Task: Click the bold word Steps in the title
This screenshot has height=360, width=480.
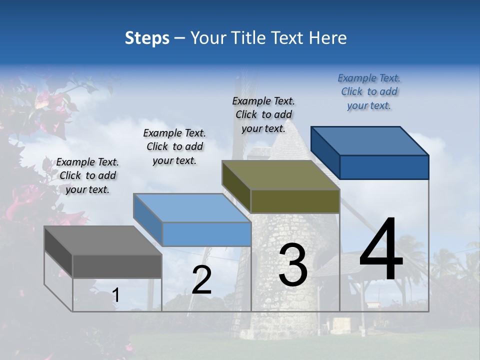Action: click(147, 38)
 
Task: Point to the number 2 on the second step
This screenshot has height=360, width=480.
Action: click(201, 280)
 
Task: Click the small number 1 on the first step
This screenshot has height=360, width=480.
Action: click(116, 295)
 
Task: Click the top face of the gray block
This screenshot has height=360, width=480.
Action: click(102, 240)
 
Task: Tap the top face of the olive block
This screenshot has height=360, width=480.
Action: click(280, 175)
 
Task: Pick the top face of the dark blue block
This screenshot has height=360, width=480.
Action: click(369, 141)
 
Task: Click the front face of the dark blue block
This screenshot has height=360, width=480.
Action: click(384, 167)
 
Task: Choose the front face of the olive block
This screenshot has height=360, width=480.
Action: click(295, 201)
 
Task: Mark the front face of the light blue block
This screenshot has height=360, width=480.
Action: click(206, 234)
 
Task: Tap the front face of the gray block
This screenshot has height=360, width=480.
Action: click(117, 266)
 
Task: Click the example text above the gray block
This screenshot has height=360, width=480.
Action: click(87, 175)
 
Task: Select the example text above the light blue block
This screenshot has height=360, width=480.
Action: click(174, 146)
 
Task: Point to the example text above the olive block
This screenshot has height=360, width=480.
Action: click(263, 114)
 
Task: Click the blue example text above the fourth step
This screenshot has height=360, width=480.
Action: click(369, 91)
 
